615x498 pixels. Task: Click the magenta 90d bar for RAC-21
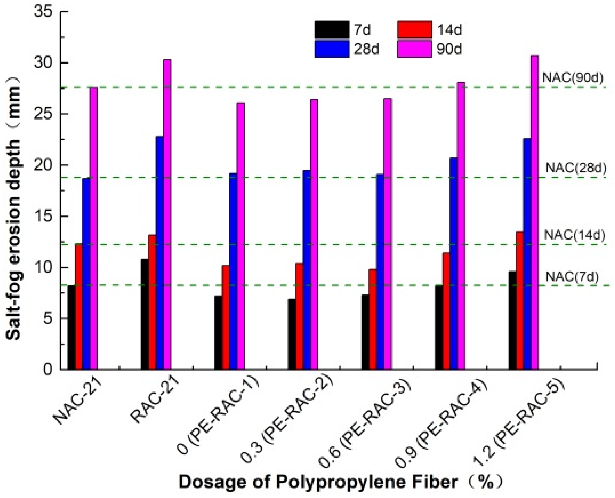(x=167, y=215)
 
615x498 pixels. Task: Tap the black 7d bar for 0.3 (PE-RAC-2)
(x=292, y=334)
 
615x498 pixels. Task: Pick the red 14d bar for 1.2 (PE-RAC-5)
(x=520, y=301)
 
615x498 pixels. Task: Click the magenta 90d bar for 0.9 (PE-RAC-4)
(x=461, y=226)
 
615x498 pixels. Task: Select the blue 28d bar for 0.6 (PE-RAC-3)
(x=380, y=272)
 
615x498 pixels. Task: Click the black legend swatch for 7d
(x=332, y=30)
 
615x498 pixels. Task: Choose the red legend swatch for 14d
(x=414, y=30)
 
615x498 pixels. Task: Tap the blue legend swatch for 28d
(x=332, y=49)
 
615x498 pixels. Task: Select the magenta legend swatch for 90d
(x=414, y=49)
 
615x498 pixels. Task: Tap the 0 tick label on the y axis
(x=48, y=369)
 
